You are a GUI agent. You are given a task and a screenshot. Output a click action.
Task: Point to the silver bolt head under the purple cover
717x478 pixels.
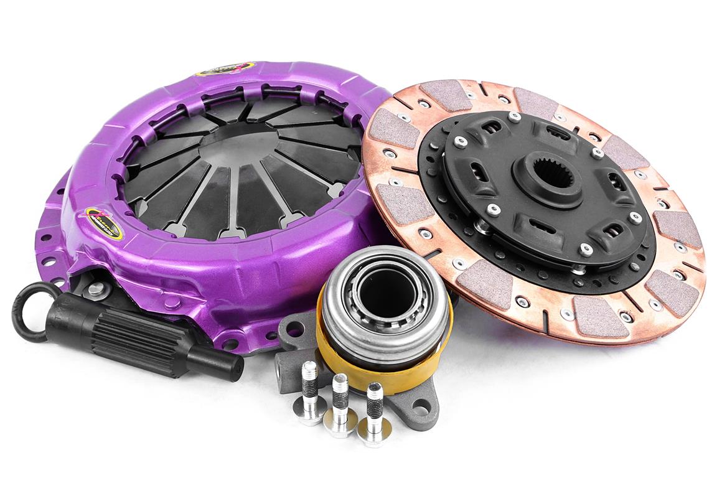96,288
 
